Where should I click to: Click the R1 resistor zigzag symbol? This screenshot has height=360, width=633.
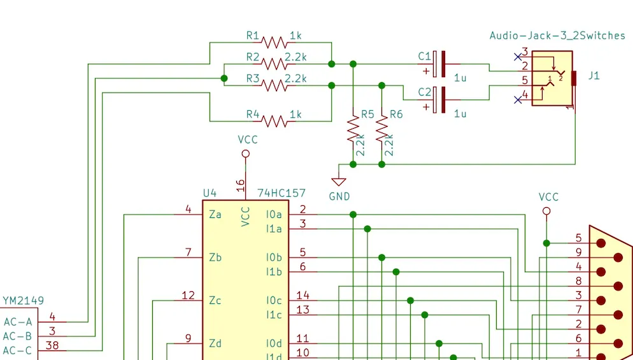pos(274,43)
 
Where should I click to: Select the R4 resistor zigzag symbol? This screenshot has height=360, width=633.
pos(274,121)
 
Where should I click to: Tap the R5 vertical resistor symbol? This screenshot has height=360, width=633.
pos(353,129)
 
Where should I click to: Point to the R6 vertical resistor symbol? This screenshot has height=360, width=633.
pos(381,129)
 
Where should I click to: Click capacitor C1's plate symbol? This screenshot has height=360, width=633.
pos(439,64)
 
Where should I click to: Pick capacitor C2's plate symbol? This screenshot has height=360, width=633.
pos(439,100)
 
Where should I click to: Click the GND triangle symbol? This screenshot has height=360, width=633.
pos(339,182)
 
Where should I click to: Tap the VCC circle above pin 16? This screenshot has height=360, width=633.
pos(245,154)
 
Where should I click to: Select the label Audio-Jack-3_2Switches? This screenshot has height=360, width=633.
pos(557,36)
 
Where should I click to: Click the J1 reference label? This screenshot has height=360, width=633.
pos(594,76)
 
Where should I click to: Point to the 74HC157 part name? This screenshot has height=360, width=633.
pos(281,193)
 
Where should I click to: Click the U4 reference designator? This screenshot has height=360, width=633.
pos(210,193)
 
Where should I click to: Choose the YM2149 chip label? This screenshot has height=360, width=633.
pos(24,301)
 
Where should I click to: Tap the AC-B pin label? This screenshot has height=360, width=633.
pos(17,336)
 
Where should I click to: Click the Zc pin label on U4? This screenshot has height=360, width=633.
pos(215,301)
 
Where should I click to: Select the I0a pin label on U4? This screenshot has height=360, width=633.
pos(274,215)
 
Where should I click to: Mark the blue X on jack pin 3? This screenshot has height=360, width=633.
pos(518,57)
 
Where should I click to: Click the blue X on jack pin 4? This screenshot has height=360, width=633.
pos(518,99)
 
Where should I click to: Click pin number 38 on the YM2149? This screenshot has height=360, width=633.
pos(52,345)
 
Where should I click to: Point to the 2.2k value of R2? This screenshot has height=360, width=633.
pos(295,57)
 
